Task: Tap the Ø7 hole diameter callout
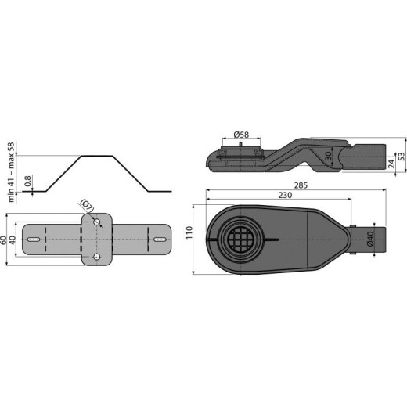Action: (87, 207)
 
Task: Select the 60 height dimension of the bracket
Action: (5, 240)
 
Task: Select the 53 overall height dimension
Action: (402, 156)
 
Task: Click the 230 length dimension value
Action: (275, 198)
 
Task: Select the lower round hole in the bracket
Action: (97, 257)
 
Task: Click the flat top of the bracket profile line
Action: (98, 155)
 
